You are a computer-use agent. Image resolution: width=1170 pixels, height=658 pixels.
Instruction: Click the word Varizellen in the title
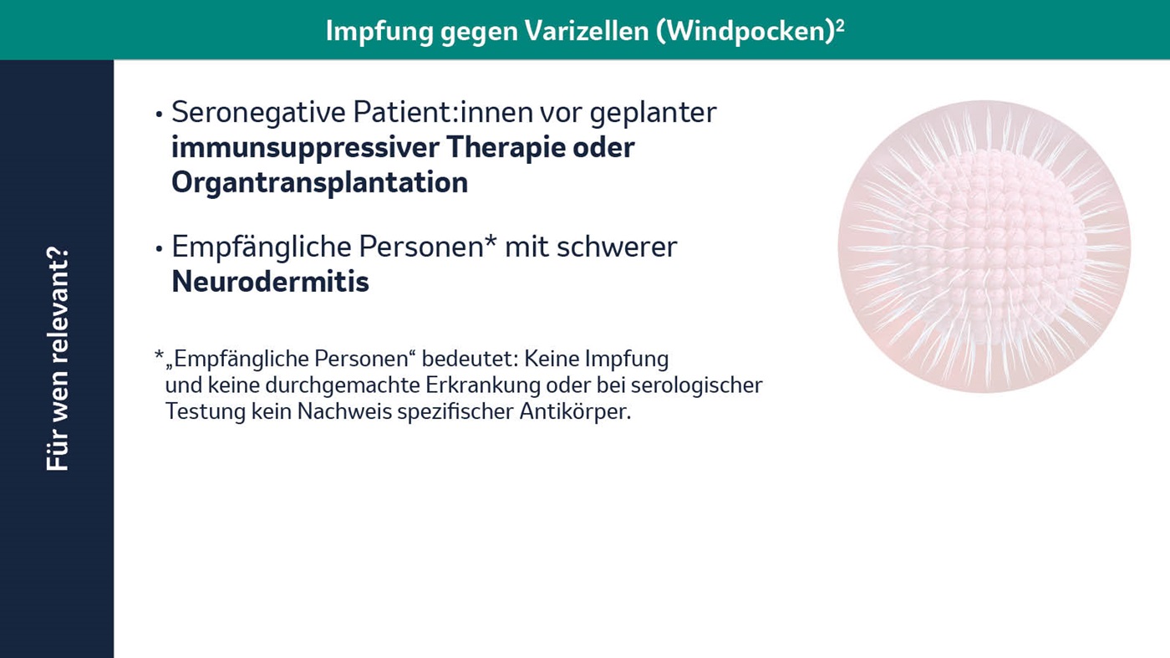[x=587, y=31]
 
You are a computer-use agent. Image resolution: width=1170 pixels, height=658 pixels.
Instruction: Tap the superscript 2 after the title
[x=840, y=25]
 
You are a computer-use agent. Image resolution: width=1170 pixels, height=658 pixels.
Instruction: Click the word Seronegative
[x=258, y=113]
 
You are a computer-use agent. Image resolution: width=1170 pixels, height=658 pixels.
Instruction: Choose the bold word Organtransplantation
[x=319, y=183]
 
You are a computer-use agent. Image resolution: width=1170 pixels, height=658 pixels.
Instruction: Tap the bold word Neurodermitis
[x=271, y=282]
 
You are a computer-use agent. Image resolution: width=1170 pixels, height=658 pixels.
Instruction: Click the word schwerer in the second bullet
[x=617, y=247]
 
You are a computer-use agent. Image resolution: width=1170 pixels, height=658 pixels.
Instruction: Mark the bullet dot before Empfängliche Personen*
[x=160, y=249]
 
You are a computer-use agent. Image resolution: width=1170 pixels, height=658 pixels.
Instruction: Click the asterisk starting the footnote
[x=160, y=355]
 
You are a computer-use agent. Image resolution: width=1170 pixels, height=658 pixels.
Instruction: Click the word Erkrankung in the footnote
[x=483, y=385]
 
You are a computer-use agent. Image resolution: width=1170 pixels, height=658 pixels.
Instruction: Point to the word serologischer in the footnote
[x=697, y=385]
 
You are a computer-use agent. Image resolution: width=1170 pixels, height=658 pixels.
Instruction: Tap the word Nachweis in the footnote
[x=344, y=412]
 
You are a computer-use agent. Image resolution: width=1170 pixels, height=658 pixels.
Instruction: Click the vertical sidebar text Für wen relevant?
[x=58, y=359]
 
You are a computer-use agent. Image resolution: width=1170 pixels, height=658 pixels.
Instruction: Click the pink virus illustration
[x=984, y=246]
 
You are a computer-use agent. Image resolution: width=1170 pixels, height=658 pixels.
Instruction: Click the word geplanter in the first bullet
[x=653, y=113]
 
